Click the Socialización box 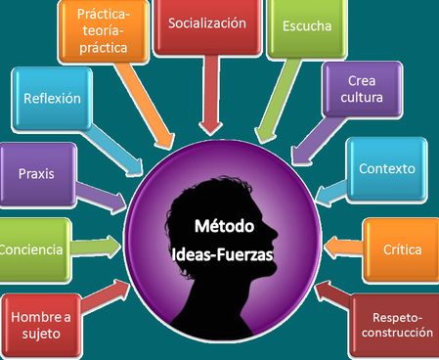click(x=207, y=26)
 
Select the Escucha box click(x=307, y=28)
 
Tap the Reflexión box click(x=52, y=99)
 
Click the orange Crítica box click(x=401, y=250)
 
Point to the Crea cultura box click(x=362, y=89)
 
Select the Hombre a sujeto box click(x=41, y=326)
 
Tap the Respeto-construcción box click(x=395, y=326)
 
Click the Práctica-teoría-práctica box click(x=103, y=31)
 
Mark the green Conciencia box click(x=35, y=249)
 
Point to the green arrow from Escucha click(x=278, y=101)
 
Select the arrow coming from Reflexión click(x=114, y=150)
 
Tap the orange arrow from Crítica click(x=343, y=247)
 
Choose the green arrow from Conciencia click(x=96, y=247)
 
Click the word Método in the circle click(x=224, y=226)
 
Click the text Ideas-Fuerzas click(x=222, y=254)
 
